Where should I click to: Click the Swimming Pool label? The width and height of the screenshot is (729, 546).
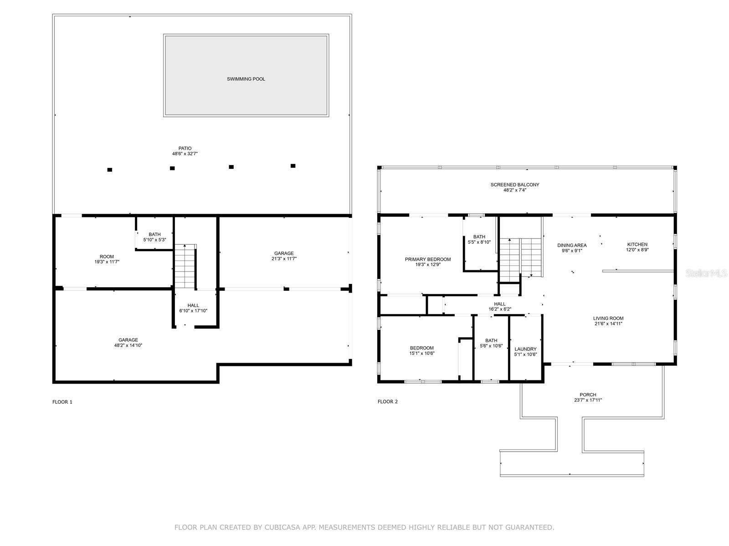[246, 79]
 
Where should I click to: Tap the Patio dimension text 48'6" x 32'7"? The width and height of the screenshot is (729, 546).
[185, 154]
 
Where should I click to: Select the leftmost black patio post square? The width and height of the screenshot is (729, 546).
[109, 170]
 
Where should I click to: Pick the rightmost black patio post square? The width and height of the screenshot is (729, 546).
[293, 166]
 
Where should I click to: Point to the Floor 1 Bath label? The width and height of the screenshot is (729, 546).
[154, 234]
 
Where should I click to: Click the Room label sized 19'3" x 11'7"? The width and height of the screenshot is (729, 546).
[107, 257]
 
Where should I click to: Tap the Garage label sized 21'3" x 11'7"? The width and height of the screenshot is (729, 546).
[284, 253]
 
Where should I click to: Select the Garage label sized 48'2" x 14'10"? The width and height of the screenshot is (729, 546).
[128, 340]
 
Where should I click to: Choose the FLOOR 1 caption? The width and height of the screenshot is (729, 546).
[62, 402]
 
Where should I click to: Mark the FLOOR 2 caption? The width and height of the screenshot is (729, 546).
[388, 401]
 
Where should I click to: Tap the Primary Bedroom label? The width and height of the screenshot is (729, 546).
[428, 259]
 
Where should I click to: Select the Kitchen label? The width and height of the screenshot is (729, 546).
[637, 244]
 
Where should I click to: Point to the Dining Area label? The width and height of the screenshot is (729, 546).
[572, 245]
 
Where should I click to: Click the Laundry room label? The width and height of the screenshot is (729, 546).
[525, 349]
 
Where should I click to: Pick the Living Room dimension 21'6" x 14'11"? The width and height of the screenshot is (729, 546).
[608, 324]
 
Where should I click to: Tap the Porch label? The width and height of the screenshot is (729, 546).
[588, 394]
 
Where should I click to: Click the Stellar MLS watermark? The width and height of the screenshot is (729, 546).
[707, 273]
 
